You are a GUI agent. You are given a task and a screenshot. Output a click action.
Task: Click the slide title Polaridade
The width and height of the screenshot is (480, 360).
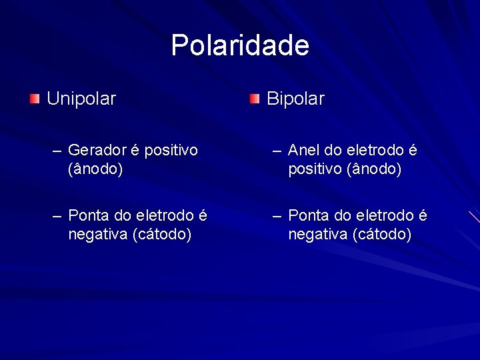tap(240, 46)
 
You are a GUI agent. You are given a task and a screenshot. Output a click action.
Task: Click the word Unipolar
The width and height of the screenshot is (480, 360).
tap(81, 99)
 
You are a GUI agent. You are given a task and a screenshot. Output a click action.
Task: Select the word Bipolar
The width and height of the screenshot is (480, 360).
tap(295, 99)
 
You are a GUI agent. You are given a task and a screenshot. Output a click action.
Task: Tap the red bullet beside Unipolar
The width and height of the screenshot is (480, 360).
tap(35, 99)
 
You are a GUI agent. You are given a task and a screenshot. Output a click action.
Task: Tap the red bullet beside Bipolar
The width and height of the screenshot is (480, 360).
tap(255, 99)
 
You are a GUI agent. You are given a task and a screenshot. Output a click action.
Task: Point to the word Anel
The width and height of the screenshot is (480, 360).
tap(304, 151)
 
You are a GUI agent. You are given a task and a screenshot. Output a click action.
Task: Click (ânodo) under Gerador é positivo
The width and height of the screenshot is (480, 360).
tap(95, 169)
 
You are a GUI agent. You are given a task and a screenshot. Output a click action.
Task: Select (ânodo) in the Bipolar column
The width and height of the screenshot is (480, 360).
tap(374, 169)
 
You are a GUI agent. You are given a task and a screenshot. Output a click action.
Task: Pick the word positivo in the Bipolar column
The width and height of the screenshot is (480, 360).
tap(315, 169)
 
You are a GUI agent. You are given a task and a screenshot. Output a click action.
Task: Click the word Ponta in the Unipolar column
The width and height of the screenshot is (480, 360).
tap(89, 216)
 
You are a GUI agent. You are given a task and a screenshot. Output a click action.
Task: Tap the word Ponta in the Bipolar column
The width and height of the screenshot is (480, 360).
tap(309, 216)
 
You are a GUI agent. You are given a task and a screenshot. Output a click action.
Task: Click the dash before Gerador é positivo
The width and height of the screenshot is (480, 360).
tap(58, 151)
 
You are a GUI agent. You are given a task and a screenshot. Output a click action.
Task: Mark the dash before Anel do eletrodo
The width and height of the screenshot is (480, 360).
tap(278, 151)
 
